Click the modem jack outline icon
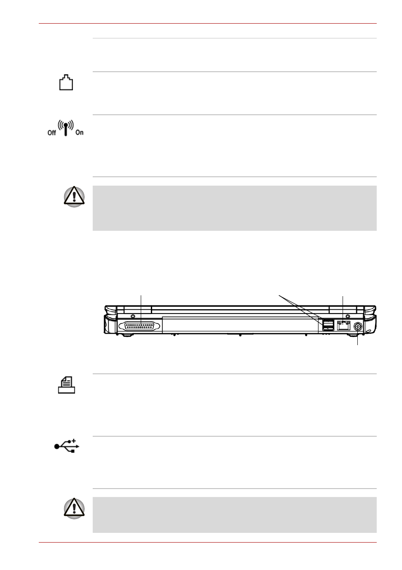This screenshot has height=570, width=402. coord(66,82)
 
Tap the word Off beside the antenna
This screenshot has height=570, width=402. coord(51,132)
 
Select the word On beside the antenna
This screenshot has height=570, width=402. coord(80,132)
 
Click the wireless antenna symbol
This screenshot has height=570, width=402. coord(66,128)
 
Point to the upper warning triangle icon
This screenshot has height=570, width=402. coord(74,197)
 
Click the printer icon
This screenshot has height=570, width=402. coord(67,385)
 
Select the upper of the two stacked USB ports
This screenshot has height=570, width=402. coord(328,321)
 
